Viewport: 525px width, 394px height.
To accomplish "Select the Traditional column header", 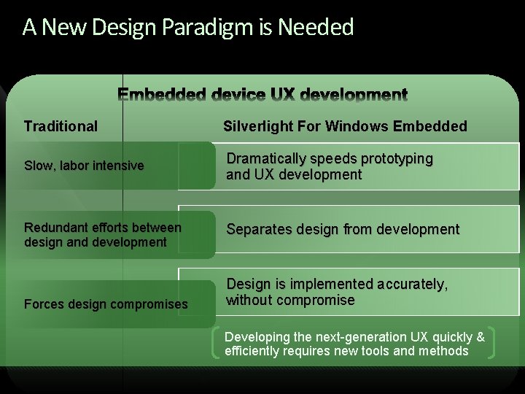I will click(x=61, y=126).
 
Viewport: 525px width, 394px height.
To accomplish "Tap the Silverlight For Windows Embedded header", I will click(x=345, y=126).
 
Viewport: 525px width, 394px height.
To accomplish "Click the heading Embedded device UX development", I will click(x=262, y=95).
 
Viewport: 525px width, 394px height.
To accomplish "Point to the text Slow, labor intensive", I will click(x=84, y=166).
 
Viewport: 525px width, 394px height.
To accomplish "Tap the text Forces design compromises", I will click(x=106, y=304).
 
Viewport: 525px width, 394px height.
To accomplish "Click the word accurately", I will click(x=410, y=284).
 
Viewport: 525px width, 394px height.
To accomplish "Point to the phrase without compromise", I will click(x=290, y=300).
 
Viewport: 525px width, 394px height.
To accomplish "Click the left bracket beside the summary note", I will click(x=215, y=344).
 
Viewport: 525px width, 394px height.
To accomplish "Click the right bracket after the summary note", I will click(x=494, y=344).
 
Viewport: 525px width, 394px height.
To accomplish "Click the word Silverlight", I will click(x=258, y=126).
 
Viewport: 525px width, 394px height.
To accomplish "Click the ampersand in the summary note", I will click(x=480, y=337).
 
